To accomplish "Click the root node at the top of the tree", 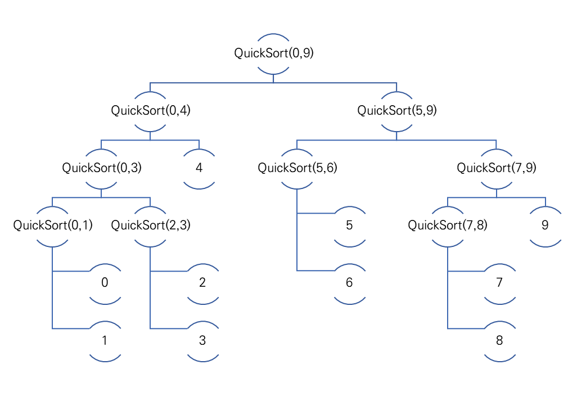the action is point(273,54).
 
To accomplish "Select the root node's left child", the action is point(150,111).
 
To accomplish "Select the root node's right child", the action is point(396,111).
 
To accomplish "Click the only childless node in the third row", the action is point(199,169).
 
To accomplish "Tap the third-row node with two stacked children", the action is point(297,169).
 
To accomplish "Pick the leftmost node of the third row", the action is point(101,169).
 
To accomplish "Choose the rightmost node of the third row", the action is point(497,169).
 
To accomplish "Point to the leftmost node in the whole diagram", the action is point(52,226).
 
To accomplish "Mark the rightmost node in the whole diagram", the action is point(546,226).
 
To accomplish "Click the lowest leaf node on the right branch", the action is point(500,341).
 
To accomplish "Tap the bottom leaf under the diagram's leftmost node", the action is point(105,341).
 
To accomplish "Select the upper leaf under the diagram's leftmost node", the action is point(105,283).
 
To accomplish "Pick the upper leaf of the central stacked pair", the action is point(350,226).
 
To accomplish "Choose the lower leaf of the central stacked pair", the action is point(350,283).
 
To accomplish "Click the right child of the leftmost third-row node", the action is point(150,226).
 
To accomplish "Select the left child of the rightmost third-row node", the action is point(448,226).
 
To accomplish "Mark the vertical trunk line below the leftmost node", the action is point(52,298).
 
